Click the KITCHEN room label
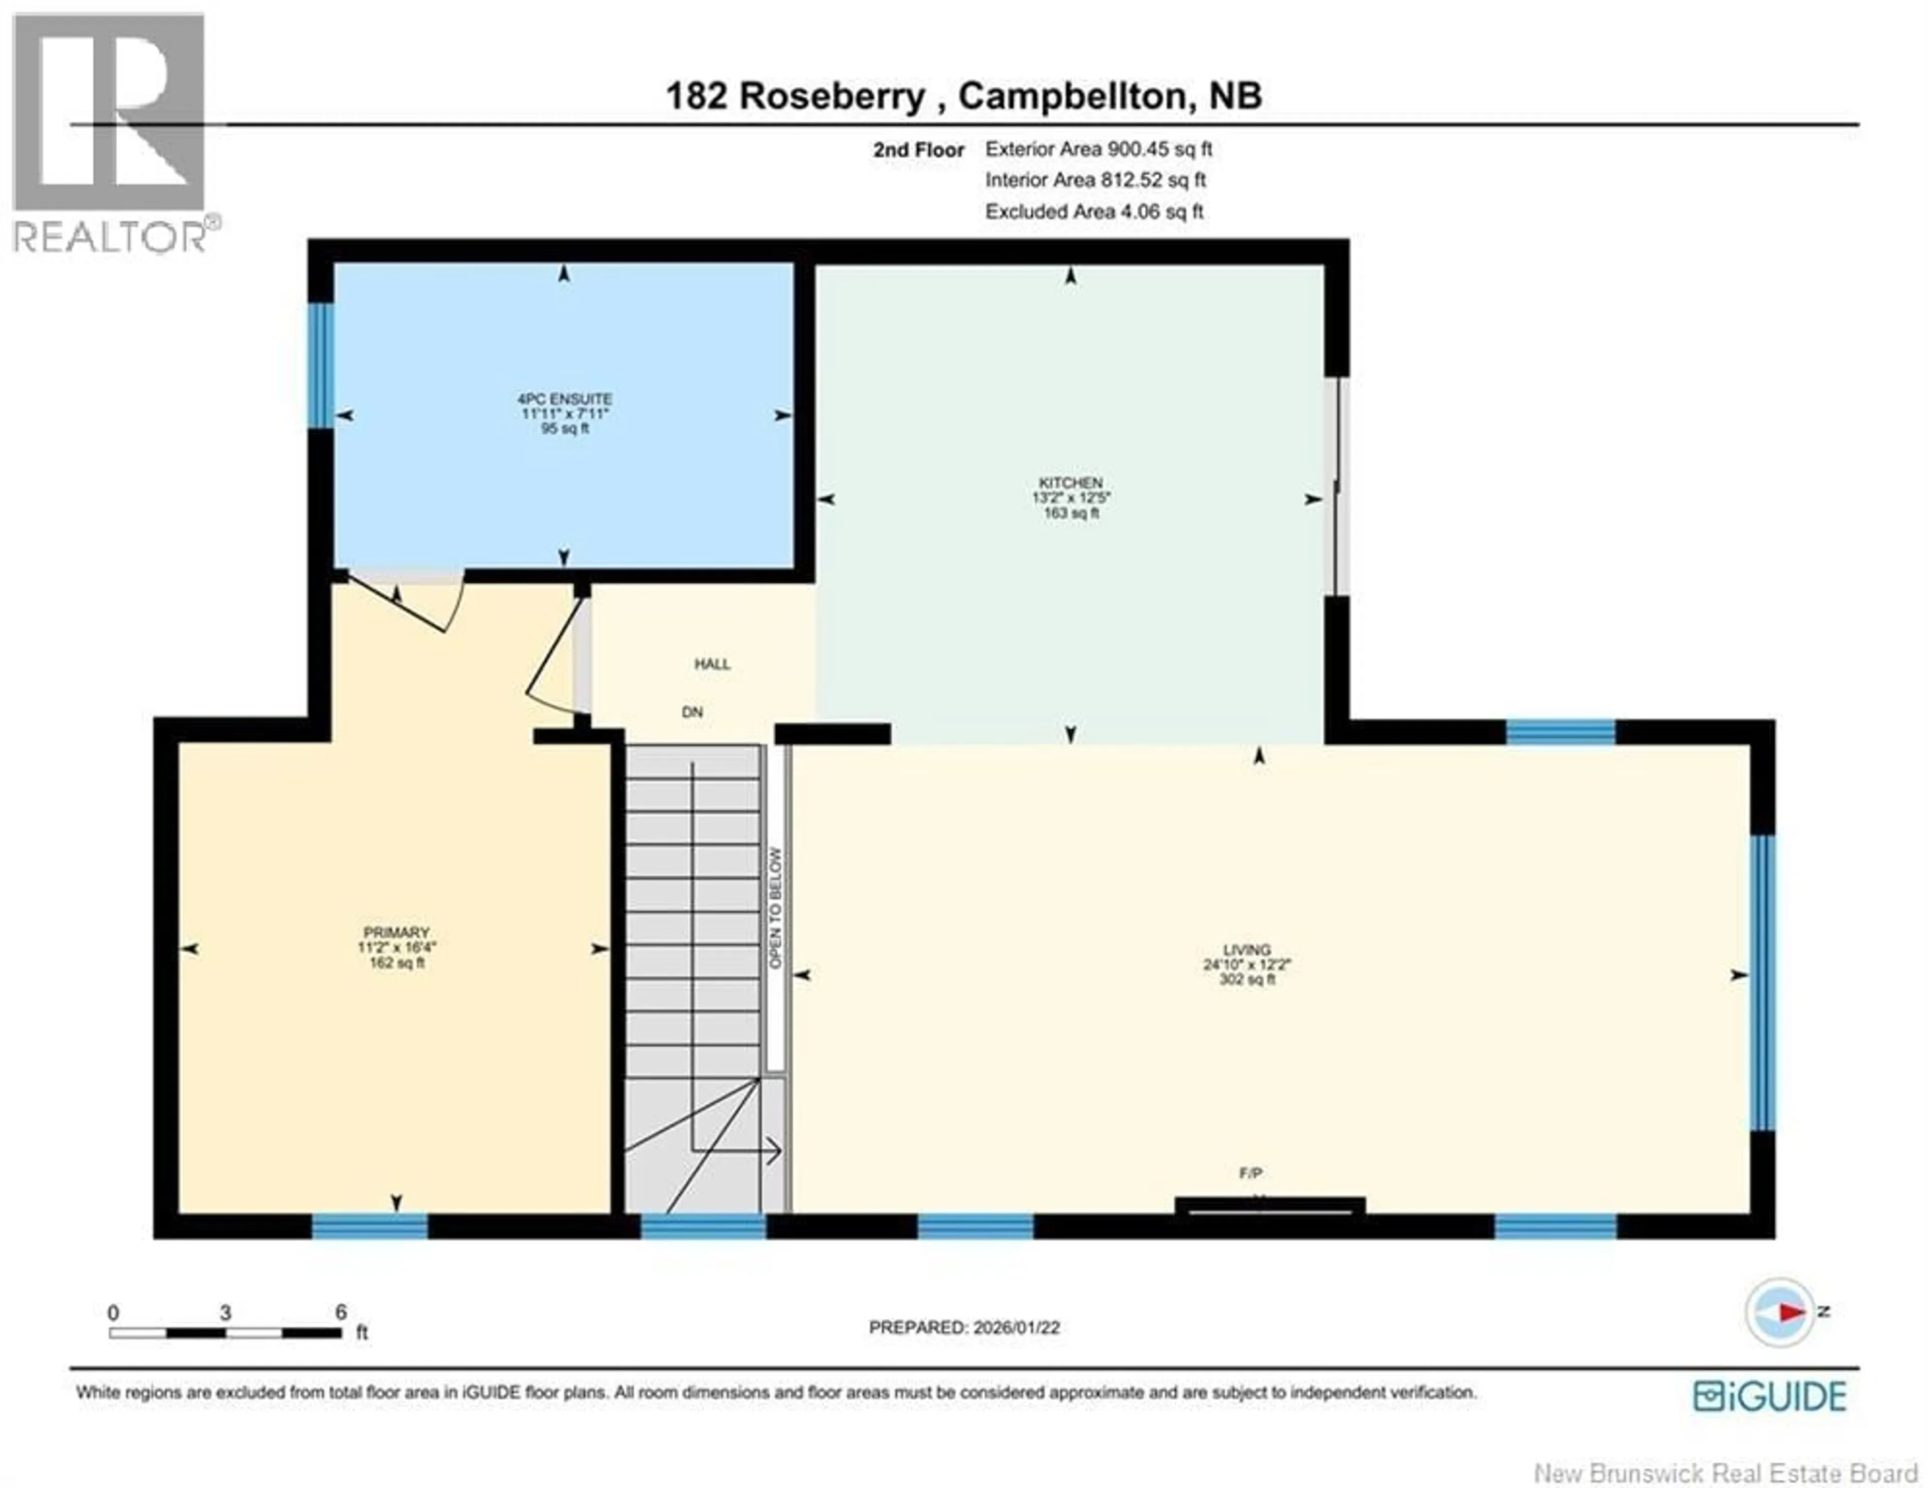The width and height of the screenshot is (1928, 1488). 1070,483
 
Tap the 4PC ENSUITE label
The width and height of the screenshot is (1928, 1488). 565,399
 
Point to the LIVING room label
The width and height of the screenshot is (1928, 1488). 1247,950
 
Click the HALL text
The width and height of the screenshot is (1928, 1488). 711,664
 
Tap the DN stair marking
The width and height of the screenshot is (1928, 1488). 692,711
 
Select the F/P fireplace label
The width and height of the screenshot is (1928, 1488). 1250,1173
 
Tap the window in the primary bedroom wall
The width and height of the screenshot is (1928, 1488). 370,1226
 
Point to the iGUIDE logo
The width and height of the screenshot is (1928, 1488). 1769,1396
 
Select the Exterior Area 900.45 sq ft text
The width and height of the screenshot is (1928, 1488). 1098,149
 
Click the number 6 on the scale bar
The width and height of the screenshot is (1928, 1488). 341,1312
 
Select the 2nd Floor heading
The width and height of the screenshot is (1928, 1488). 918,150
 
